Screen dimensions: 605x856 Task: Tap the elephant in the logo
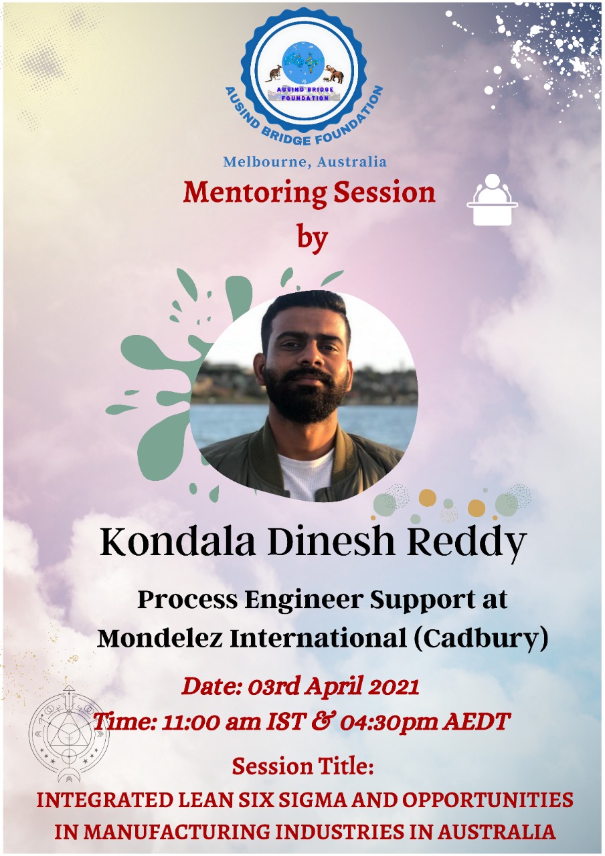(x=335, y=73)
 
